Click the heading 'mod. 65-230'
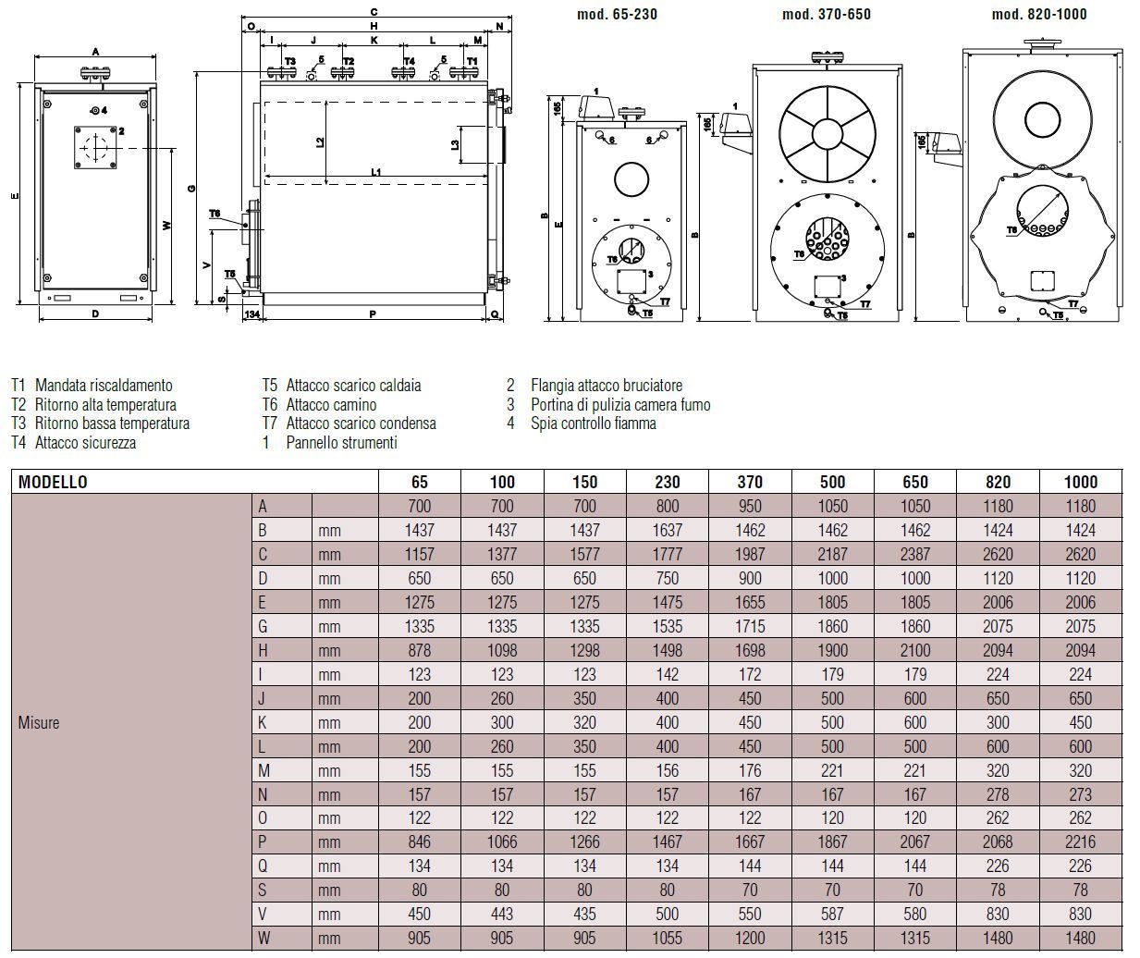(617, 14)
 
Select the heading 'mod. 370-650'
(826, 14)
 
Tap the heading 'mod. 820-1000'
(1039, 14)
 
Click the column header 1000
(1080, 482)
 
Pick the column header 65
(420, 482)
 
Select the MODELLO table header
(53, 482)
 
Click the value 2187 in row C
(832, 554)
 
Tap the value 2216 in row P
(1080, 842)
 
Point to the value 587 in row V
(832, 914)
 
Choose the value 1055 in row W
(667, 938)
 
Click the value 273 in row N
(1080, 794)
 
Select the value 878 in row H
(420, 650)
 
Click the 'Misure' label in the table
(39, 722)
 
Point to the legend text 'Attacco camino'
(331, 404)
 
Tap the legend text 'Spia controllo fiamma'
(593, 424)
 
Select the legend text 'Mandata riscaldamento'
(104, 385)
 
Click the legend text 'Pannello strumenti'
(341, 443)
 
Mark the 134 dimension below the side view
(251, 314)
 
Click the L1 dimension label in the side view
(376, 172)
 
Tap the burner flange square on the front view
(95, 148)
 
